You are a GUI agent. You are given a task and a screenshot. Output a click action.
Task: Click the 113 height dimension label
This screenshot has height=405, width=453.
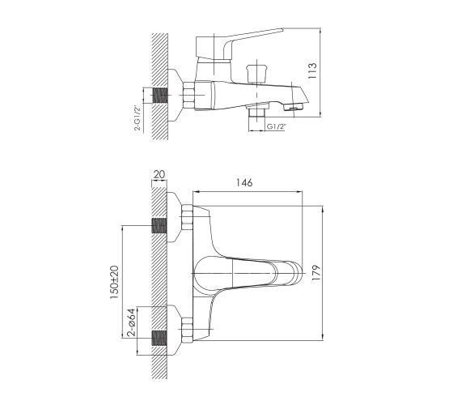(x=312, y=71)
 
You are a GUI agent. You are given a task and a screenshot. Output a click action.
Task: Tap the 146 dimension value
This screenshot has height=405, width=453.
(x=244, y=182)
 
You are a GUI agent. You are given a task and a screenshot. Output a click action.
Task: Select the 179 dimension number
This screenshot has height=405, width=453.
(x=316, y=272)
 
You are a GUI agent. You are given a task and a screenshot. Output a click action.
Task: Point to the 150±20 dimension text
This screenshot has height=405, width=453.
(x=114, y=282)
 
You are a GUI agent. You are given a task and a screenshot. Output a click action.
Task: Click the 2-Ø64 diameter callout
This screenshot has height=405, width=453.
(x=131, y=322)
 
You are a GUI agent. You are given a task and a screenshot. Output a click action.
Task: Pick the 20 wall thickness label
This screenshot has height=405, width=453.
(x=159, y=174)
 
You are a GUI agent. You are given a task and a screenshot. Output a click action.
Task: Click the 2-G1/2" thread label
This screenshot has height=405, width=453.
(x=138, y=118)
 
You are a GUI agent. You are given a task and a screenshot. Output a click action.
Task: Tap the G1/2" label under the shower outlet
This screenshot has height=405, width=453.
(x=276, y=126)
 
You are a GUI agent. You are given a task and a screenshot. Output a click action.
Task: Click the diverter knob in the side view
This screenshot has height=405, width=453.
(x=257, y=74)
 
